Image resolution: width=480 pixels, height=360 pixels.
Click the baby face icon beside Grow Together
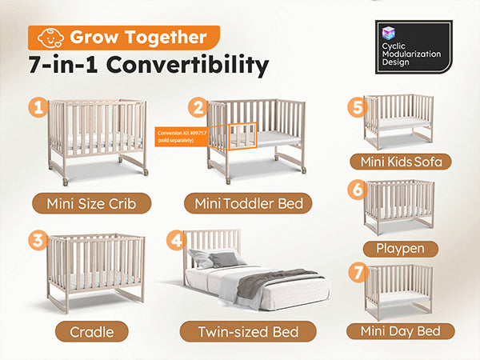coord(50,38)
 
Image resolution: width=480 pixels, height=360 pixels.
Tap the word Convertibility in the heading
coord(187,65)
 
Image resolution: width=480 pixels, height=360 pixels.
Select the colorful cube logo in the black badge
coord(389,33)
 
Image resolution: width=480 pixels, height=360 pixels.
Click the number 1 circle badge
coord(38,107)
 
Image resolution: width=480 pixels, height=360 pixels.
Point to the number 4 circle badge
coord(176,240)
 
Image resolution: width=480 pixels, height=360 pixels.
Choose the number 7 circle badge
coord(358,273)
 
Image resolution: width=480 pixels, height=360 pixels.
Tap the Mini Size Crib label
coord(91,203)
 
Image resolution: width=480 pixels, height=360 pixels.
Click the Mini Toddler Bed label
coord(248,203)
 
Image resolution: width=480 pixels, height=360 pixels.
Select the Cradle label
coord(92,332)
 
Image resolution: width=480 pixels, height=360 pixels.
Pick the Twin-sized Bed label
coord(248,332)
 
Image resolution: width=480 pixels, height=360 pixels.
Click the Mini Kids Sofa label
coord(401,162)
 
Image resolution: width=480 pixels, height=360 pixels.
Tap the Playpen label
coord(401,249)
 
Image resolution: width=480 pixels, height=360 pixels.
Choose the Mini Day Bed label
coord(401,331)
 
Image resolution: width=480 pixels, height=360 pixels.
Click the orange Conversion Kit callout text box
coord(182,137)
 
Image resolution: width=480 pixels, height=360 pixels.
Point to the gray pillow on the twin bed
coord(224,259)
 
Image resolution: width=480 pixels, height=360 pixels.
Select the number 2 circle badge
coord(198,107)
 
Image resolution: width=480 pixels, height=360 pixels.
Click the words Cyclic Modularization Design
coord(411,54)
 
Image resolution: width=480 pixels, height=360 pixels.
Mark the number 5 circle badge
coord(358,107)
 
